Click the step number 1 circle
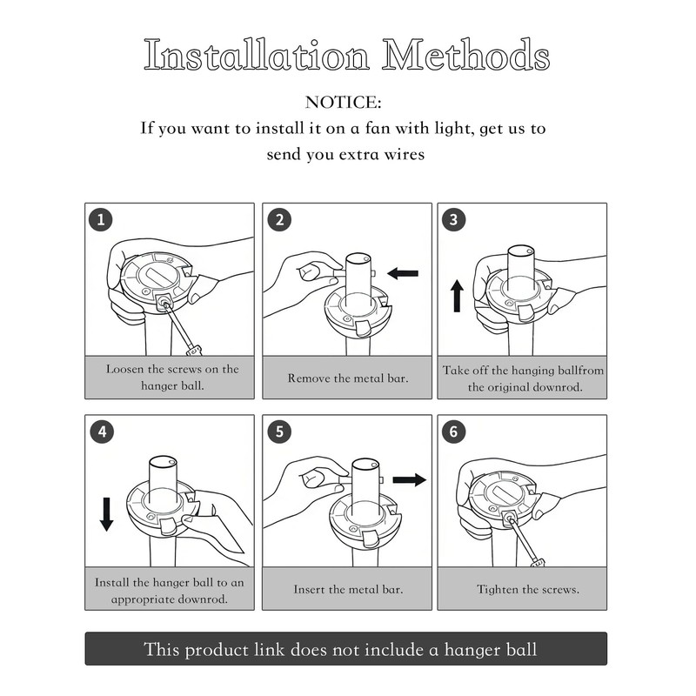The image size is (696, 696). coord(101,219)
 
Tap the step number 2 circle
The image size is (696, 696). coord(279,220)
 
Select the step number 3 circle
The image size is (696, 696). coord(453,219)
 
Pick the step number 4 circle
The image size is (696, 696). coord(102,432)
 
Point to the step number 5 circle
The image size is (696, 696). coord(279,432)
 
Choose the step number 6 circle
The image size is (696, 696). coord(453,432)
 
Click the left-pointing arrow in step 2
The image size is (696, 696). coord(403,273)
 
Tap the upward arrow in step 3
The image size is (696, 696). coord(457,296)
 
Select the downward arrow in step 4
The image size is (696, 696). coord(106,514)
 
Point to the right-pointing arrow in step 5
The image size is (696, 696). coord(409,479)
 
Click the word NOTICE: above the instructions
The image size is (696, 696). coord(343,103)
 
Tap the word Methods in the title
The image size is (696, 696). coord(466,55)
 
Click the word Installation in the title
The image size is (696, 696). coord(257,55)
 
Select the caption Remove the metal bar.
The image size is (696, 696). coord(347,378)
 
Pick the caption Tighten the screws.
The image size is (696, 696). coord(528,590)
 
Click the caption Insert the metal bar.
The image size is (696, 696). coord(348,590)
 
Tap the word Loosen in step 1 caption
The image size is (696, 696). coord(124,369)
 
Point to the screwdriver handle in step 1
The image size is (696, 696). coord(194,351)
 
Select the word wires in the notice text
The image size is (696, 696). coord(405,155)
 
